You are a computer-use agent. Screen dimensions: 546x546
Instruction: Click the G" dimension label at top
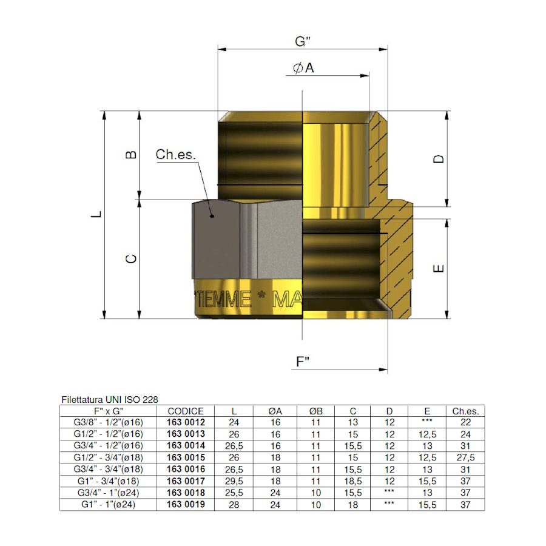(x=303, y=42)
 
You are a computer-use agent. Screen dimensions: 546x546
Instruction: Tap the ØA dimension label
(x=303, y=69)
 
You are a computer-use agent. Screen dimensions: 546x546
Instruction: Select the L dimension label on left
(x=96, y=215)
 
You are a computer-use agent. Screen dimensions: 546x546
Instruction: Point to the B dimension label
(x=130, y=155)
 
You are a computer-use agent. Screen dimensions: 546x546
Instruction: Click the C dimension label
(x=130, y=259)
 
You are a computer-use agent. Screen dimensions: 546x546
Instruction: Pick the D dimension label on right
(x=439, y=159)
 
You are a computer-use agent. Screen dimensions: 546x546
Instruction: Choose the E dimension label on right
(x=440, y=268)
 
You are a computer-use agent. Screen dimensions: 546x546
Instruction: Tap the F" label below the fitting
(x=303, y=362)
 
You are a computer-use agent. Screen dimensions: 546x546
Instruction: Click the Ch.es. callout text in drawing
(x=176, y=155)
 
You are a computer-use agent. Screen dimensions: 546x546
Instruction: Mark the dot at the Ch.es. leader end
(x=211, y=215)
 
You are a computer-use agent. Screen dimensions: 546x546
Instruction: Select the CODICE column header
(x=186, y=411)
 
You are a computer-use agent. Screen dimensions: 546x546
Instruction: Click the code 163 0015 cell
(x=186, y=457)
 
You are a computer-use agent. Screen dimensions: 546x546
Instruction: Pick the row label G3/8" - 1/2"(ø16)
(x=108, y=423)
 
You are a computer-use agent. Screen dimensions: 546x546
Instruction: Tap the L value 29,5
(x=234, y=481)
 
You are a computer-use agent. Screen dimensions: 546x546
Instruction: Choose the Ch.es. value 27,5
(x=465, y=457)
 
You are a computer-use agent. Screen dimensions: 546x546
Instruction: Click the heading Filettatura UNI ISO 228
(x=110, y=400)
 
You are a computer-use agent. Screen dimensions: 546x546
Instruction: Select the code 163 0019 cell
(x=186, y=504)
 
